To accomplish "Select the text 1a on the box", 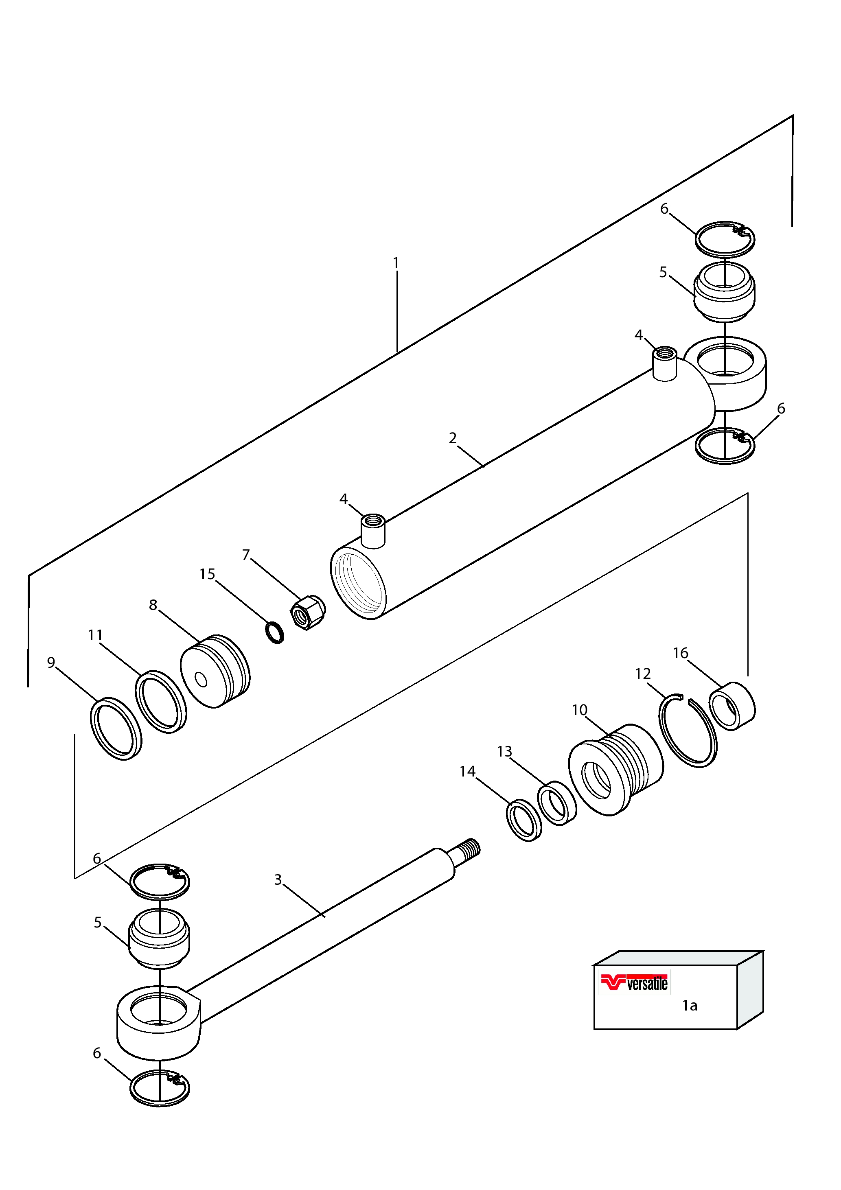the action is click(690, 1006).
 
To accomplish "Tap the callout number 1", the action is click(396, 263).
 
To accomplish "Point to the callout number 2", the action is click(453, 438).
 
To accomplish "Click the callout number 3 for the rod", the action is click(278, 879).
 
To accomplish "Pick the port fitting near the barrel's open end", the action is click(373, 530).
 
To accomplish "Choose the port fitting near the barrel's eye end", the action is click(665, 364).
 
